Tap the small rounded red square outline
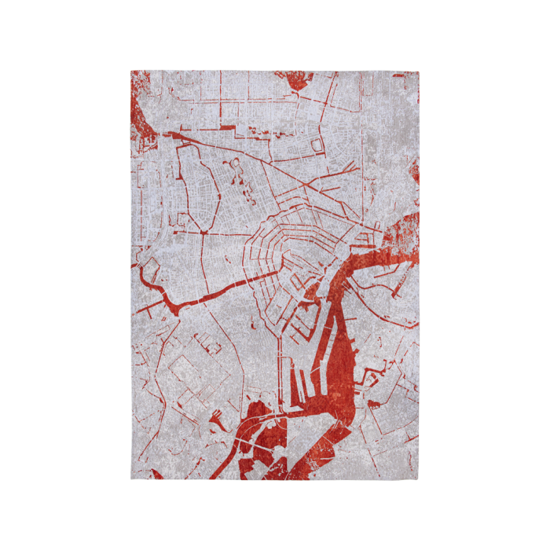coord(317,145)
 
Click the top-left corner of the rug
coord(130,71)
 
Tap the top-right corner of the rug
coord(419,71)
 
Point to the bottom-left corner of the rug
coord(130,479)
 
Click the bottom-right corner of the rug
coord(419,479)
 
